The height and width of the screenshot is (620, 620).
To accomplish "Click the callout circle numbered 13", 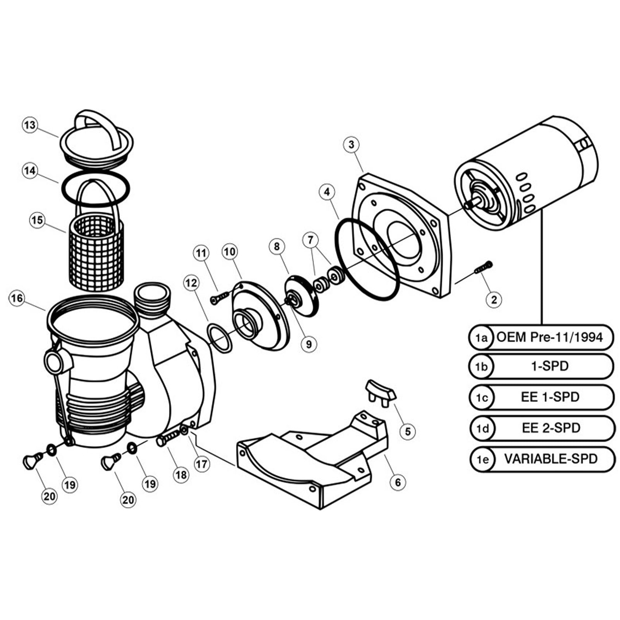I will pyautogui.click(x=30, y=125).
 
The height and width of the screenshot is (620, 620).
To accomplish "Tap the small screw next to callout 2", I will pyautogui.click(x=483, y=268).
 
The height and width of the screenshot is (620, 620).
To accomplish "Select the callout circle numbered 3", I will pyautogui.click(x=351, y=145).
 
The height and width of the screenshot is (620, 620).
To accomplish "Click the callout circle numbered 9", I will pyautogui.click(x=308, y=344).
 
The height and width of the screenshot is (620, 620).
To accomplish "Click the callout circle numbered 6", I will pyautogui.click(x=398, y=482).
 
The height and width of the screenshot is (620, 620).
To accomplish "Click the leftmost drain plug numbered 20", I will pyautogui.click(x=32, y=461).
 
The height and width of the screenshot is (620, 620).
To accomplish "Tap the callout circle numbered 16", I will pyautogui.click(x=17, y=298).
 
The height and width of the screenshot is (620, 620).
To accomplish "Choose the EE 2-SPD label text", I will pyautogui.click(x=551, y=428).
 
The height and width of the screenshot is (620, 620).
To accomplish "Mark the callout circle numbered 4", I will pyautogui.click(x=327, y=191).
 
